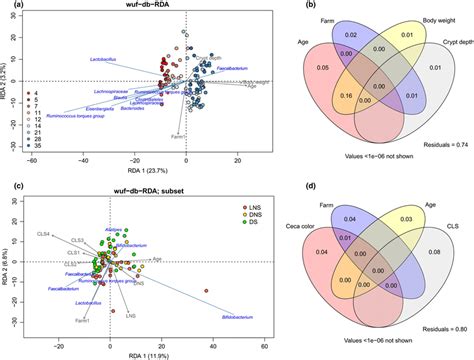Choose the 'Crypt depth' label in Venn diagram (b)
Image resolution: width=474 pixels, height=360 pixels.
point(449,40)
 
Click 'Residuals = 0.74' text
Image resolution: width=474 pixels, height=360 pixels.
point(439,144)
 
